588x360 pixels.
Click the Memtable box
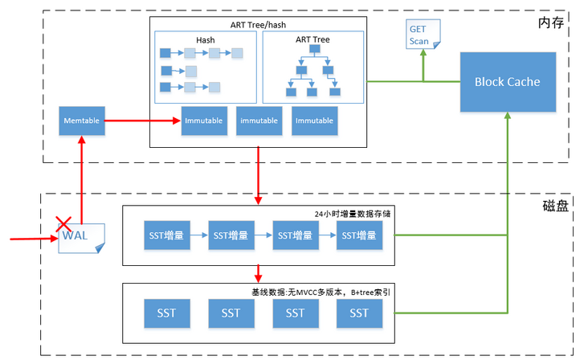point(81,121)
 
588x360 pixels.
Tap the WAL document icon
point(82,237)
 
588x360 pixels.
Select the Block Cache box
point(507,81)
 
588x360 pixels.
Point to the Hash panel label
point(206,40)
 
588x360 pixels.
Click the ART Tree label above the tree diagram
point(312,39)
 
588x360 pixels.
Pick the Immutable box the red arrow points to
point(204,121)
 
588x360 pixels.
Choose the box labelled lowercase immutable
point(259,121)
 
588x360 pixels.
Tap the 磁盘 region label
point(554,206)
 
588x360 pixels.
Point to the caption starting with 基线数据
point(316,292)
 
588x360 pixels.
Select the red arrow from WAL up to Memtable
point(81,177)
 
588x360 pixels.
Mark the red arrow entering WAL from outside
point(32,239)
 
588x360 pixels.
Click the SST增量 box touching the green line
point(359,235)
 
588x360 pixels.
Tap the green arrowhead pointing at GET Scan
point(424,55)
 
